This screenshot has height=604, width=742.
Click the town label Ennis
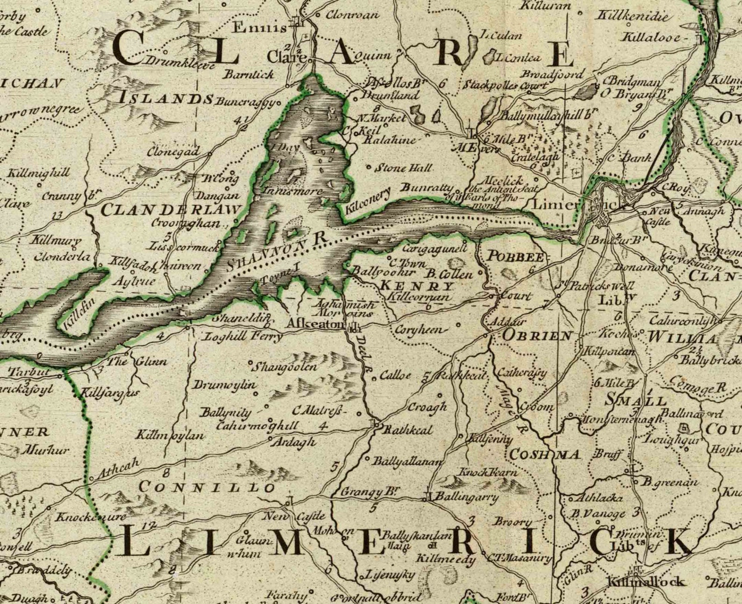tap(259, 28)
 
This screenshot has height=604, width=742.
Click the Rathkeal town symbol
tap(376, 424)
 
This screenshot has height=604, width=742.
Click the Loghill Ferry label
tap(243, 336)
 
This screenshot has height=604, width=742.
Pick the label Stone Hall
tap(404, 167)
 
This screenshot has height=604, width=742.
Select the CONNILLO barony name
tap(207, 487)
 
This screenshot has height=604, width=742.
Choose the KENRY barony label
tap(417, 286)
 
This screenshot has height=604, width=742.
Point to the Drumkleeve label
tap(180, 61)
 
